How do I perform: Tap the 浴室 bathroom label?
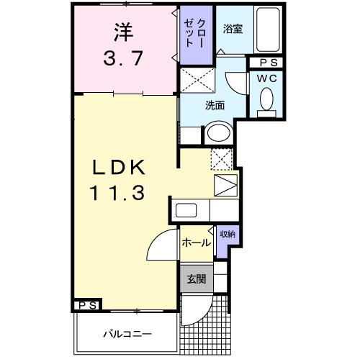coord(233,30)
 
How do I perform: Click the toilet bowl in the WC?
coord(266,98)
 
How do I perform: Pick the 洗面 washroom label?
coord(215,106)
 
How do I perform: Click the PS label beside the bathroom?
coord(268,63)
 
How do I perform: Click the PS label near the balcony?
coord(86,306)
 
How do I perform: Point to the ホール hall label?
coord(196,243)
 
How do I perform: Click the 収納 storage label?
coord(227,234)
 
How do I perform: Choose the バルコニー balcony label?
coord(126,335)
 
